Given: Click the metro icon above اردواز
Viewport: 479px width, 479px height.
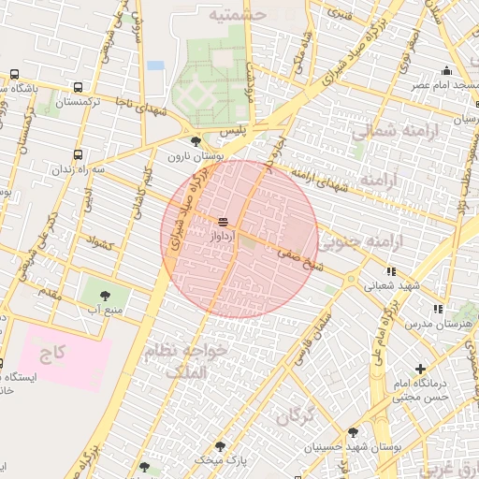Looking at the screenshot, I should pyautogui.click(x=223, y=223).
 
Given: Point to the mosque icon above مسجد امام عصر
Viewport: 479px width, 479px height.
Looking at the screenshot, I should pyautogui.click(x=447, y=71).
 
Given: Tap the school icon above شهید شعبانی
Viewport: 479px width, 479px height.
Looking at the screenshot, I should pyautogui.click(x=390, y=271).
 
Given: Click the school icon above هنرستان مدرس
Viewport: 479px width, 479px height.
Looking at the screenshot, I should pyautogui.click(x=436, y=308).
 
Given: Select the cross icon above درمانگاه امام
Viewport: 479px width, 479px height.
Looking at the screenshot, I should pyautogui.click(x=421, y=370).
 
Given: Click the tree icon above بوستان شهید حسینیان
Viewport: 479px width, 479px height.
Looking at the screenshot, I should pyautogui.click(x=353, y=432).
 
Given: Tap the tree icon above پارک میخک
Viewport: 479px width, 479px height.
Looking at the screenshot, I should pyautogui.click(x=221, y=446).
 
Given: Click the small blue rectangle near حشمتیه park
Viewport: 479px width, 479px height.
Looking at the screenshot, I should pyautogui.click(x=155, y=65).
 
